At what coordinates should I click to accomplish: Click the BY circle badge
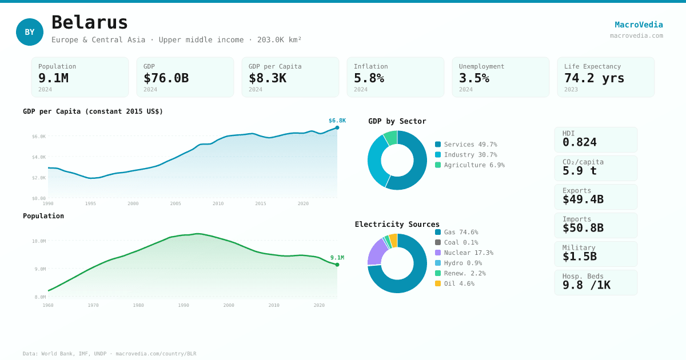30,32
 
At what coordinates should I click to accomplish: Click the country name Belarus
90,22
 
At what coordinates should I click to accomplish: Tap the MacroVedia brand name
639,25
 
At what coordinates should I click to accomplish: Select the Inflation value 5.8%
369,78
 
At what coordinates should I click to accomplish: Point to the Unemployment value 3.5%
474,78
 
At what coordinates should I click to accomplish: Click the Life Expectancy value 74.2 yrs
594,78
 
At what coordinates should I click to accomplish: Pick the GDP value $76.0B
166,78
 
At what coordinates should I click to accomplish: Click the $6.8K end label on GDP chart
337,121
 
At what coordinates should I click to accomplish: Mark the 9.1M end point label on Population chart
337,258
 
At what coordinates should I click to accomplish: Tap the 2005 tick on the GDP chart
176,203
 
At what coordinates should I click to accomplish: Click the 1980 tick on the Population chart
138,305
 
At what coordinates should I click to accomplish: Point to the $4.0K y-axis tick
39,157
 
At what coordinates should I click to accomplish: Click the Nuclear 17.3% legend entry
468,253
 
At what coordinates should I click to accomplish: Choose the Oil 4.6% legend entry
458,283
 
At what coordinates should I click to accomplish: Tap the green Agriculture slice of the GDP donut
390,138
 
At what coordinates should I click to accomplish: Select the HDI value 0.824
579,142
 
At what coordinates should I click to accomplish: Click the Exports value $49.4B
583,199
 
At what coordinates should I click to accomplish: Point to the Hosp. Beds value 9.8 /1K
586,285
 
